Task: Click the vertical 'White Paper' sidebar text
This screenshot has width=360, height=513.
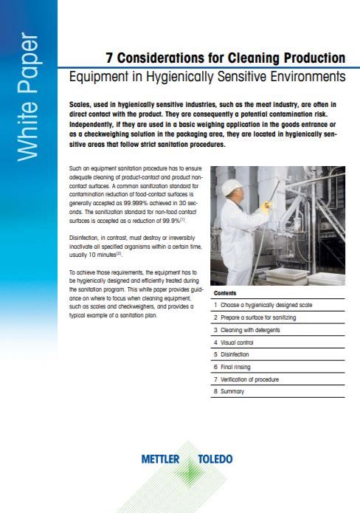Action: click(x=29, y=97)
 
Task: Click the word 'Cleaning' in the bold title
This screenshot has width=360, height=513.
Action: click(x=254, y=58)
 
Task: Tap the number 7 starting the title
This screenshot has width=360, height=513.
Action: click(x=109, y=58)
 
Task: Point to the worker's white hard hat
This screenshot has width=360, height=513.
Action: click(x=232, y=187)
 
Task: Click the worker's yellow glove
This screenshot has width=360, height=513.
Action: click(x=267, y=207)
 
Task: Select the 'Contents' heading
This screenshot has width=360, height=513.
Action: click(x=225, y=293)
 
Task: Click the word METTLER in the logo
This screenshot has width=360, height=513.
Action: click(x=160, y=459)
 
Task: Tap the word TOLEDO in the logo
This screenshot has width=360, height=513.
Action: click(x=215, y=459)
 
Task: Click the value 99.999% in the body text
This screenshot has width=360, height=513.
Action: click(x=136, y=203)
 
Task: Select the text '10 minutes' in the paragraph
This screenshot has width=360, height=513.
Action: click(x=102, y=255)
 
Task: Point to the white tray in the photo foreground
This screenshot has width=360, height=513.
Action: click(x=287, y=275)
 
